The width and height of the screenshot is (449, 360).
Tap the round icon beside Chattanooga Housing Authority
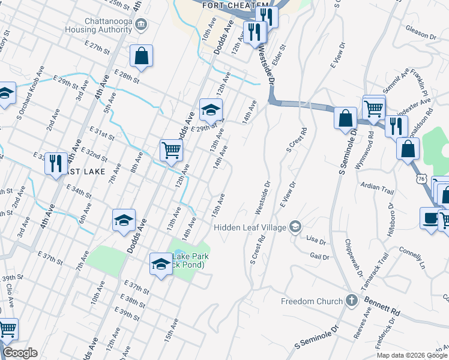[142, 25]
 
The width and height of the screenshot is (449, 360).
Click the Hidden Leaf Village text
[250, 227]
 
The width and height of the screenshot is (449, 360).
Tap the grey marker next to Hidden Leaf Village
[295, 226]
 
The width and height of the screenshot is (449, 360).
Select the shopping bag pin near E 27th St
[140, 56]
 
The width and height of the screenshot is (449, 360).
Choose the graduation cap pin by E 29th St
[211, 110]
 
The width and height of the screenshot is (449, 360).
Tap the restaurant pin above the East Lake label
[56, 163]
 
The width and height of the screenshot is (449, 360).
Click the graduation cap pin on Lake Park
[161, 263]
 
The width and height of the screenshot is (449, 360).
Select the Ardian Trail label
[376, 188]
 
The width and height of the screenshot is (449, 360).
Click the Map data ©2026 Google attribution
[412, 355]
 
